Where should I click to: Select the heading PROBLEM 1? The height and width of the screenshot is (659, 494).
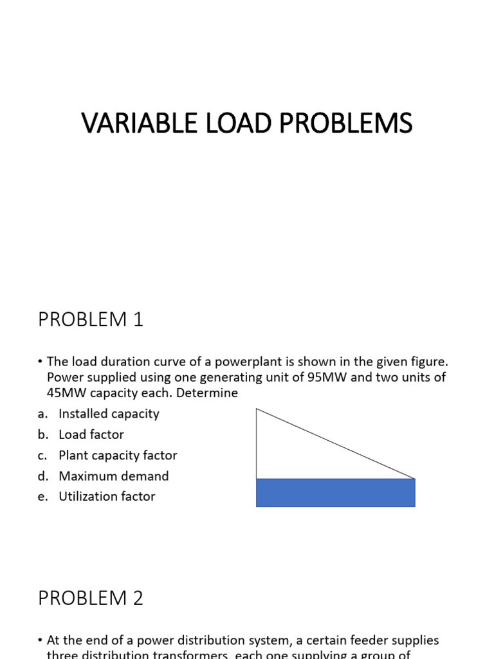[91, 319]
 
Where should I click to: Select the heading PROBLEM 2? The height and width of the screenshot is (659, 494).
[91, 598]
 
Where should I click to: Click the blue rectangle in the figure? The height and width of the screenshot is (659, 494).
[335, 493]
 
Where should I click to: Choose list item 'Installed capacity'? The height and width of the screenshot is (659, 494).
[109, 414]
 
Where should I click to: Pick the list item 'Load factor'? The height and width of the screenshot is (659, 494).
[91, 434]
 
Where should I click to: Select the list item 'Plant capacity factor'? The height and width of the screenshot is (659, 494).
[118, 455]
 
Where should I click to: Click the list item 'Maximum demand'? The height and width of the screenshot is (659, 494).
[113, 476]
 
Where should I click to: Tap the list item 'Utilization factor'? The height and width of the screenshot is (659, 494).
[107, 496]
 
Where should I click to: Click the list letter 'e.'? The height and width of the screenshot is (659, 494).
[43, 497]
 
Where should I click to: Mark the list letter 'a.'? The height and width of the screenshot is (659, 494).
[43, 414]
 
